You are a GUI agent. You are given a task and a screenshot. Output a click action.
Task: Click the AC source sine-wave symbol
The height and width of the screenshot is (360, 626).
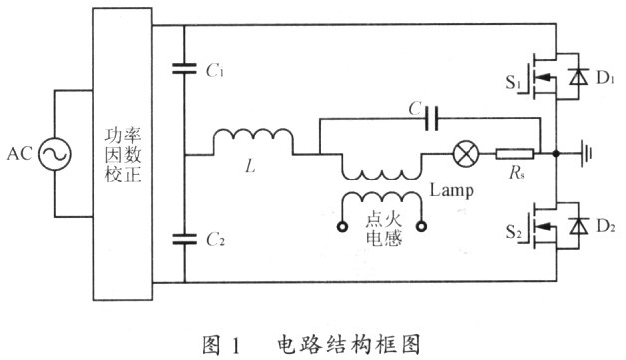click(x=55, y=154)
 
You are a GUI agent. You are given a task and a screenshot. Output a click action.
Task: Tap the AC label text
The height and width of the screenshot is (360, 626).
click(x=19, y=154)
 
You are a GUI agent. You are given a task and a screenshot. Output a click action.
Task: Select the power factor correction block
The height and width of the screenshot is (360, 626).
click(x=123, y=155)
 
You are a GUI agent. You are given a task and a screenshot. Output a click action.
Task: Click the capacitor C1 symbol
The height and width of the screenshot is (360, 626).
click(x=184, y=69)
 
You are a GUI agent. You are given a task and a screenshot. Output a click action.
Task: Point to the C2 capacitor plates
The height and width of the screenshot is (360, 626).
click(x=184, y=239)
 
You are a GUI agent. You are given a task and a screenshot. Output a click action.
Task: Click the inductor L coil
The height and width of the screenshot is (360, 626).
click(x=253, y=138)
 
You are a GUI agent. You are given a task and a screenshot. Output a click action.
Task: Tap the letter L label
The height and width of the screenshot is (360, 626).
click(x=250, y=165)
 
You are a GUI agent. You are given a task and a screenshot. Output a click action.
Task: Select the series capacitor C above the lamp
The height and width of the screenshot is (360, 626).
click(x=432, y=118)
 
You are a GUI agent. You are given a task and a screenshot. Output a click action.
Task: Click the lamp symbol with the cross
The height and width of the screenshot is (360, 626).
click(x=466, y=154)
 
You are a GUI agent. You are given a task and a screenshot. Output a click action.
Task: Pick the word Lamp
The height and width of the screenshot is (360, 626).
click(x=452, y=191)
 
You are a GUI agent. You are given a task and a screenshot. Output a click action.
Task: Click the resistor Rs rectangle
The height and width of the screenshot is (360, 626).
click(x=515, y=154)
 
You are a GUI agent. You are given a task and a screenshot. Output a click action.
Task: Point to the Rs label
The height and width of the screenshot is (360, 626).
click(x=517, y=172)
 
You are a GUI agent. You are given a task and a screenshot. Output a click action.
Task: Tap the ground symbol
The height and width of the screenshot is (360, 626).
click(x=586, y=153)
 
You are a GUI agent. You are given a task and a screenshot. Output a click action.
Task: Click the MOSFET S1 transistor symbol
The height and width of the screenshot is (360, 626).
click(x=539, y=77)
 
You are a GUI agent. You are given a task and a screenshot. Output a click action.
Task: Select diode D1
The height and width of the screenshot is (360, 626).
click(x=578, y=76)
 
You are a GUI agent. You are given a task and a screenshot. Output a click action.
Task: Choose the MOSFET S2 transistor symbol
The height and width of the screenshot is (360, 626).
click(x=539, y=227)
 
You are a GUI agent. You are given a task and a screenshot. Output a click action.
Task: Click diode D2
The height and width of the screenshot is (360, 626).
click(x=578, y=226)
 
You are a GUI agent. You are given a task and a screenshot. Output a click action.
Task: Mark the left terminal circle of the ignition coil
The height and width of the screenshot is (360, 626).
click(x=342, y=227)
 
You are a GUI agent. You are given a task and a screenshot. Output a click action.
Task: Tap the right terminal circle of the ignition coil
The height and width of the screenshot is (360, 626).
click(x=422, y=227)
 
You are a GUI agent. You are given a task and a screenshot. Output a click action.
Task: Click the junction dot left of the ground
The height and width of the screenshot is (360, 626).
click(x=556, y=153)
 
